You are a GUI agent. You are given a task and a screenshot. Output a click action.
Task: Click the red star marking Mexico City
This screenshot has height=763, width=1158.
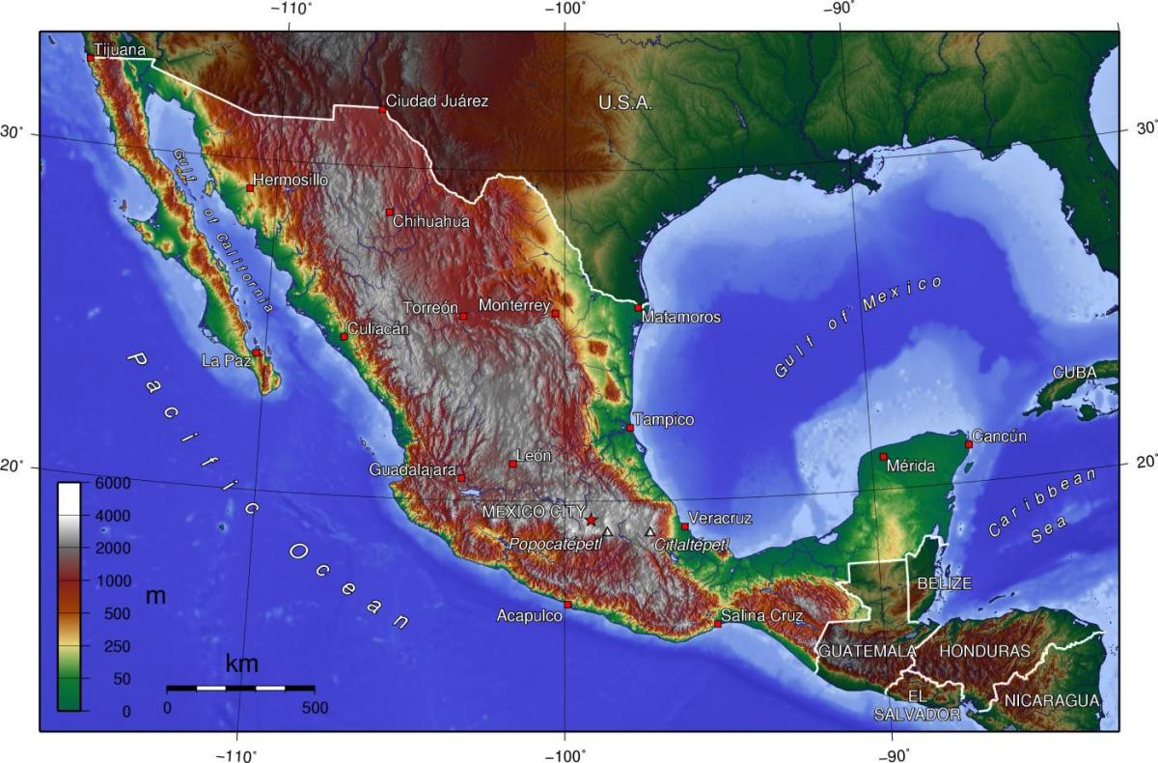[x=591, y=520]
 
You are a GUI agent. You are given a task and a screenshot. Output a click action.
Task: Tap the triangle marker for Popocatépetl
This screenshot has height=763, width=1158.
[x=607, y=531]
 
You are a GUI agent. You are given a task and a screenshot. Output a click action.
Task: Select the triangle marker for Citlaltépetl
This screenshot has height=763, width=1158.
[x=649, y=531]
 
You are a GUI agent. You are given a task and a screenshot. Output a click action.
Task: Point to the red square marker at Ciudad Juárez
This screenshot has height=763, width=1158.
[x=383, y=109]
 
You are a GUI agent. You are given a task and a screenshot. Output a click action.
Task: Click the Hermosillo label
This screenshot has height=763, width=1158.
[x=289, y=180]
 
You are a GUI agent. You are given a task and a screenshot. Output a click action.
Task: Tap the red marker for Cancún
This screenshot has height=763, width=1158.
[x=969, y=444]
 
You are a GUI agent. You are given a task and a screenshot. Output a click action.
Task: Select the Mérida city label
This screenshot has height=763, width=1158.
[x=911, y=466]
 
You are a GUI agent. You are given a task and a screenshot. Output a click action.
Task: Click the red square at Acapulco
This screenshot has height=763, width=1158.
[x=567, y=605]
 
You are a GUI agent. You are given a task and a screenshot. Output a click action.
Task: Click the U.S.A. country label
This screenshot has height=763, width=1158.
[x=624, y=102]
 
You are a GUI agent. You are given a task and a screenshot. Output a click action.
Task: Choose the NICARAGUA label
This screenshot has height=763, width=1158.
[x=1050, y=700]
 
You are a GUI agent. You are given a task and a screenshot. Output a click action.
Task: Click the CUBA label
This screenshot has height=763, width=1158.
[x=1074, y=372]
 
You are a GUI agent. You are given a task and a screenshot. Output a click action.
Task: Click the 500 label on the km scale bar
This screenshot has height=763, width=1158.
[x=315, y=708]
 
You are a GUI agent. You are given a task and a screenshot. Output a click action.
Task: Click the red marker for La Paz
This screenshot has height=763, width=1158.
[x=257, y=353]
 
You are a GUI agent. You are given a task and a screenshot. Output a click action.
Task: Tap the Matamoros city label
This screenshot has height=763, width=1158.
[x=681, y=317]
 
